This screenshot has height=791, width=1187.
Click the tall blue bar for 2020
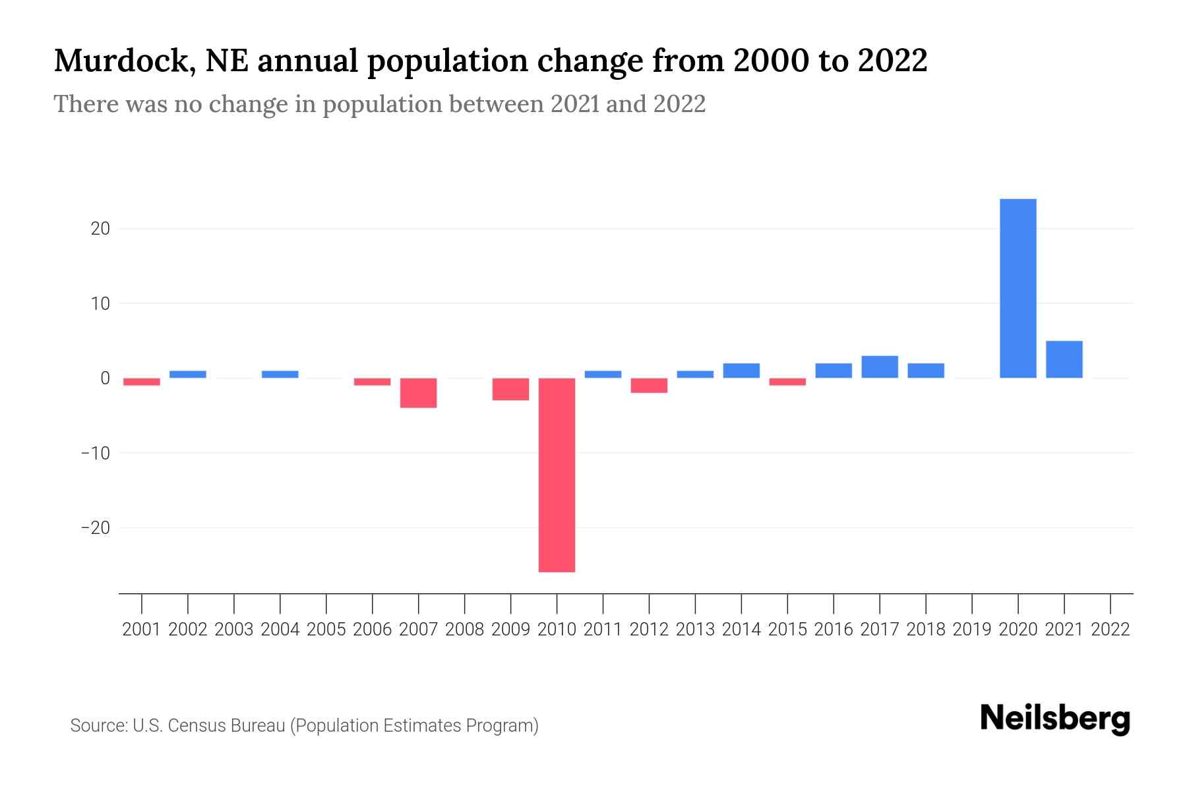click(x=1018, y=288)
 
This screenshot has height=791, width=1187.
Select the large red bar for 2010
click(x=557, y=475)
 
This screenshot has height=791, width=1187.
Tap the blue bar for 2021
click(x=1064, y=359)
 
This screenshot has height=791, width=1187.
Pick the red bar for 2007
click(x=418, y=393)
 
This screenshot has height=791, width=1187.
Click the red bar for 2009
click(x=510, y=389)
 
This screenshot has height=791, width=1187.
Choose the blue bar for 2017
click(x=879, y=366)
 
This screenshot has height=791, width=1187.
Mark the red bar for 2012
click(x=649, y=386)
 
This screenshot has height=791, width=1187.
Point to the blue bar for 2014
click(x=741, y=370)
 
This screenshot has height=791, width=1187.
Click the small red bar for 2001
click(x=142, y=382)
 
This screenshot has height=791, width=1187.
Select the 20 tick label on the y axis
click(x=100, y=229)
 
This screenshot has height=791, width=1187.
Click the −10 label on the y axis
click(x=95, y=454)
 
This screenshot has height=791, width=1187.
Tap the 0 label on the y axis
click(x=105, y=378)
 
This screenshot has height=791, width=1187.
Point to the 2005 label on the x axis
click(x=326, y=630)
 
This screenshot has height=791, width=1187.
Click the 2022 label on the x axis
click(x=1111, y=630)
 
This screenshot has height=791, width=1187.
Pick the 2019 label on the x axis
click(x=972, y=630)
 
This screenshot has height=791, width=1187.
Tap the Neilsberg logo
click(x=1054, y=718)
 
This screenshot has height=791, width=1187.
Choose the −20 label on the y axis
click(x=95, y=528)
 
